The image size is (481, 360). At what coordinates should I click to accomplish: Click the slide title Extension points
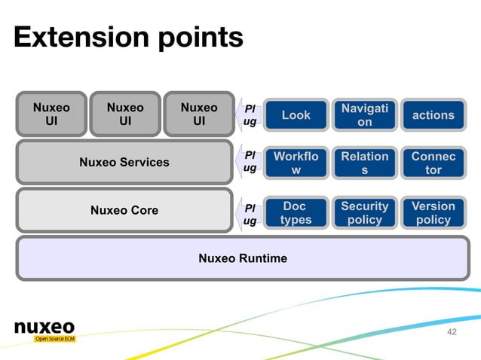point(128,37)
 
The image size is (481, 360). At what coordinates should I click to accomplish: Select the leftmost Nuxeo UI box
point(51,114)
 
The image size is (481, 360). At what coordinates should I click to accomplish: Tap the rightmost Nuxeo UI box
point(198,114)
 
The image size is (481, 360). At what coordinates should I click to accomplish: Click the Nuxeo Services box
point(124,162)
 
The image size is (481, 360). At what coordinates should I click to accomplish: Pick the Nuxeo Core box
point(124,210)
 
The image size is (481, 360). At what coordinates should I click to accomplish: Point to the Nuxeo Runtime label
point(242,258)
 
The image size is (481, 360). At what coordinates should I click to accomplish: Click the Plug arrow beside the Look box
point(250,114)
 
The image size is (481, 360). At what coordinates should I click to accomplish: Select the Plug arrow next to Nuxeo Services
point(250,162)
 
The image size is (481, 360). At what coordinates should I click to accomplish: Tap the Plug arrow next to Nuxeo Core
point(250,213)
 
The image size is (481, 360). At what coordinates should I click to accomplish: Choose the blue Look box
point(296,115)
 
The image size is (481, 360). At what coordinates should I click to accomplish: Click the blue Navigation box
point(365,115)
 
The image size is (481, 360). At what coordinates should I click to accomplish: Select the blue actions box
point(434,115)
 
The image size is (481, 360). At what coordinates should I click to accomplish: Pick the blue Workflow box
point(296,163)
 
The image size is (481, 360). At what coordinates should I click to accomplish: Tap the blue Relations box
point(365,163)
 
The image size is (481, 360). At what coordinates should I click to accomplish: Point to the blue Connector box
point(434,163)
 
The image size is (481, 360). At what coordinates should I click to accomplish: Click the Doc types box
point(296,212)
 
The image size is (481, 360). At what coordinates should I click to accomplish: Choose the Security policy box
point(365,212)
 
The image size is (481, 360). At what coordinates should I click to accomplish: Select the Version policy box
point(434,212)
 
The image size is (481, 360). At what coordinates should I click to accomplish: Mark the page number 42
point(452,332)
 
